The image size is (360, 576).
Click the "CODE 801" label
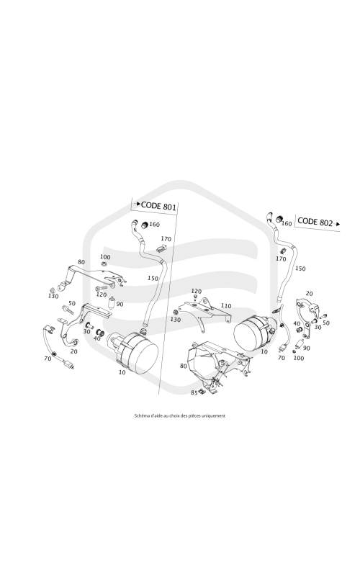[158, 206]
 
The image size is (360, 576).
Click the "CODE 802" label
[315, 222]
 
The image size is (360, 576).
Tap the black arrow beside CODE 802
[338, 223]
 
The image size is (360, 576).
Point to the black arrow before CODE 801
[138, 204]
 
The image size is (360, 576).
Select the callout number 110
[226, 305]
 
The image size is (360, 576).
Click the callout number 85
[194, 392]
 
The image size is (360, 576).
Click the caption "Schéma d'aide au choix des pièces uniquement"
[179, 416]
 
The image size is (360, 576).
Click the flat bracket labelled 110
[204, 311]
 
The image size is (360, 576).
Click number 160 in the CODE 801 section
[154, 225]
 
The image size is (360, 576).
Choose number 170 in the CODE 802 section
[281, 259]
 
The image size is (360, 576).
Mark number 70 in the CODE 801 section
[48, 358]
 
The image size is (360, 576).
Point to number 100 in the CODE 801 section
[105, 257]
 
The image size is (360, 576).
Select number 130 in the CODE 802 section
[175, 320]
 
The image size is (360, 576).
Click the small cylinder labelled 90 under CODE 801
[112, 303]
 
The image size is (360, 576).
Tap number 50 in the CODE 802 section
[326, 323]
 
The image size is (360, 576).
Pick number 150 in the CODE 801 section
[153, 278]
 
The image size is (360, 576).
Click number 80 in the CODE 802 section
[184, 366]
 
